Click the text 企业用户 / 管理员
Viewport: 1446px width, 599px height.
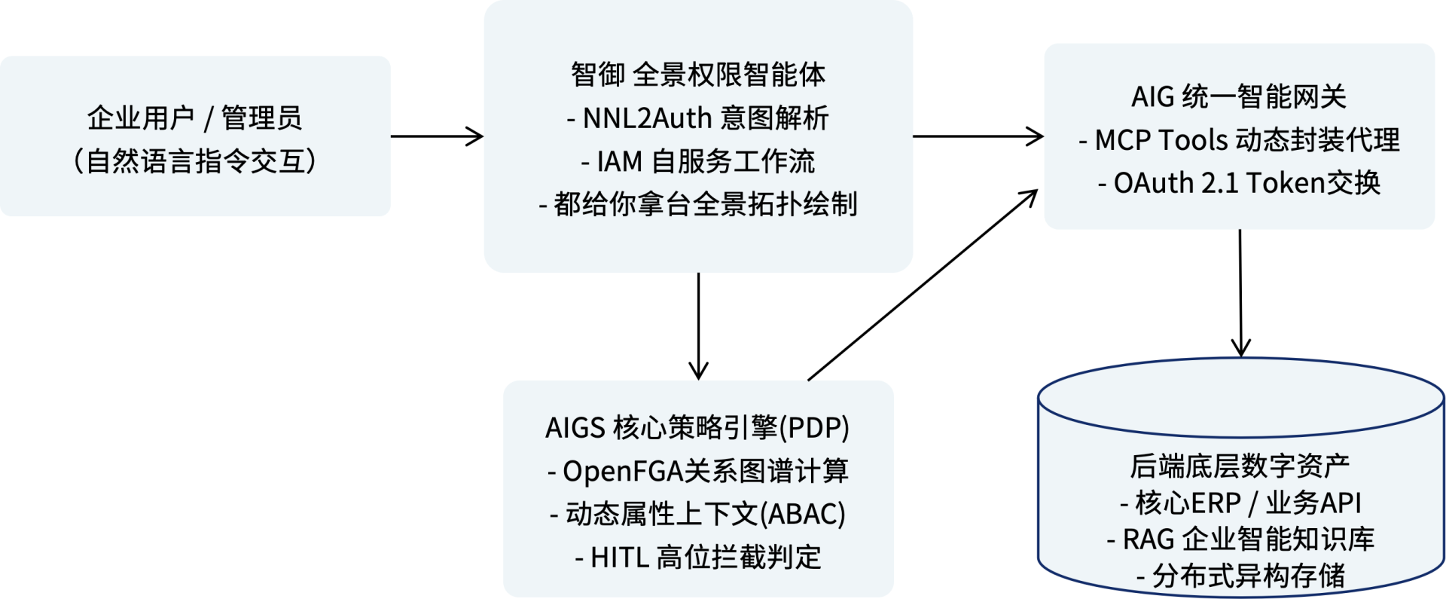point(194,118)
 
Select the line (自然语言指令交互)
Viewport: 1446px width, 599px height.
point(194,161)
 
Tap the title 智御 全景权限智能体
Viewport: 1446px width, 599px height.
point(698,75)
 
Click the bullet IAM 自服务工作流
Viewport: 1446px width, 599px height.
point(698,161)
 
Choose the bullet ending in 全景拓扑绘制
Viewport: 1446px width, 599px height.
point(698,204)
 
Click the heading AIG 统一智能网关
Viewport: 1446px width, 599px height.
point(1239,97)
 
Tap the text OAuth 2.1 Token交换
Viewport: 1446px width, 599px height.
point(1239,183)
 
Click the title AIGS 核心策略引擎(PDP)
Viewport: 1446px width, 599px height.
point(697,428)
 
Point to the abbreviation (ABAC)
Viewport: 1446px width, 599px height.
point(803,515)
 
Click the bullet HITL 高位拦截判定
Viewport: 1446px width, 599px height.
point(697,558)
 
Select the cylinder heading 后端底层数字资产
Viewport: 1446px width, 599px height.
point(1240,466)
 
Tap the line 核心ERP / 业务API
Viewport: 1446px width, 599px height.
point(1240,503)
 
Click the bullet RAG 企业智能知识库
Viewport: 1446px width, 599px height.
point(1240,539)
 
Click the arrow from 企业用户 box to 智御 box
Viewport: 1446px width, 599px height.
point(437,136)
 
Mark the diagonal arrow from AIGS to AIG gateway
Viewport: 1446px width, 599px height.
point(923,286)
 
